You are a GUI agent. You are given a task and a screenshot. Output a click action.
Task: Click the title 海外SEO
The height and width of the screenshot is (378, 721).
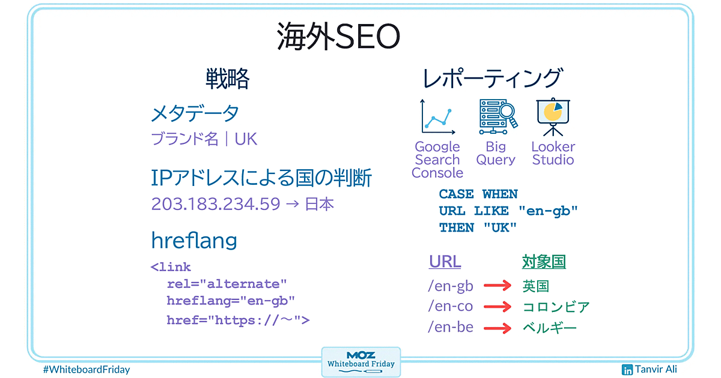pyautogui.click(x=338, y=37)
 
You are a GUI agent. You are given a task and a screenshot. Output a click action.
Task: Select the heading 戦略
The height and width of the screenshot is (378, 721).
pyautogui.click(x=228, y=79)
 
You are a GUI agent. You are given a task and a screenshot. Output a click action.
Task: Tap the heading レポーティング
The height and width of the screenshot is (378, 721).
pyautogui.click(x=493, y=78)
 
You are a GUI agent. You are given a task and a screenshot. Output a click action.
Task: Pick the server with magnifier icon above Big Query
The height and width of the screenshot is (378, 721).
pyautogui.click(x=498, y=116)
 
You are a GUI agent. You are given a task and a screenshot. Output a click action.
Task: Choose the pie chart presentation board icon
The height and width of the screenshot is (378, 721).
pyautogui.click(x=553, y=117)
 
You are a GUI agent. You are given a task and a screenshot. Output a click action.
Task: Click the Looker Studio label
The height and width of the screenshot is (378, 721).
pyautogui.click(x=553, y=154)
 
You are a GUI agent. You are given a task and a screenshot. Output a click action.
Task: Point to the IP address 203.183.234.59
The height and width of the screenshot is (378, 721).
pyautogui.click(x=216, y=204)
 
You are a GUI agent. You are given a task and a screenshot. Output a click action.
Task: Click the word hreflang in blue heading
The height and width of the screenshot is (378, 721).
pyautogui.click(x=194, y=241)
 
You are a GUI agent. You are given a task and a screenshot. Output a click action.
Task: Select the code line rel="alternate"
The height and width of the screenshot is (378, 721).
pyautogui.click(x=227, y=284)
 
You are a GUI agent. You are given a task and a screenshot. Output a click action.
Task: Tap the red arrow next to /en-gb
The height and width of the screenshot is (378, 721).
pyautogui.click(x=497, y=286)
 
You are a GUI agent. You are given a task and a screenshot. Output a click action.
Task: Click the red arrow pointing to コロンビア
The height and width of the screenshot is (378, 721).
pyautogui.click(x=497, y=307)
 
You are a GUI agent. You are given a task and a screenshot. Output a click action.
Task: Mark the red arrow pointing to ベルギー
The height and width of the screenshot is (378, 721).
pyautogui.click(x=497, y=328)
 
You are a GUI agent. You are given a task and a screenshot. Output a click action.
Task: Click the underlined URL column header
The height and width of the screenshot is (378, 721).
pyautogui.click(x=445, y=262)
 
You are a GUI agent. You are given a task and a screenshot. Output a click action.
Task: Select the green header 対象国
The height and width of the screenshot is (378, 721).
pyautogui.click(x=544, y=262)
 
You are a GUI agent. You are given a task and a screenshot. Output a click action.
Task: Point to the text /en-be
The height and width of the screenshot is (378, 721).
pyautogui.click(x=451, y=327)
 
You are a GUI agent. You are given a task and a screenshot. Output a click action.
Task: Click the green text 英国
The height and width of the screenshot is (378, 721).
pyautogui.click(x=536, y=286)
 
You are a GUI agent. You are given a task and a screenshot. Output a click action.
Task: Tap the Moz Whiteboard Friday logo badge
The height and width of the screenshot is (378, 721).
pyautogui.click(x=361, y=362)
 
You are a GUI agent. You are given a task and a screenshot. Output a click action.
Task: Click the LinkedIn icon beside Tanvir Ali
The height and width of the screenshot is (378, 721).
pyautogui.click(x=627, y=370)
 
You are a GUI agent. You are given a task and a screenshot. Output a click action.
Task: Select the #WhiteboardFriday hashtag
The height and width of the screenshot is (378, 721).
pyautogui.click(x=87, y=370)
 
